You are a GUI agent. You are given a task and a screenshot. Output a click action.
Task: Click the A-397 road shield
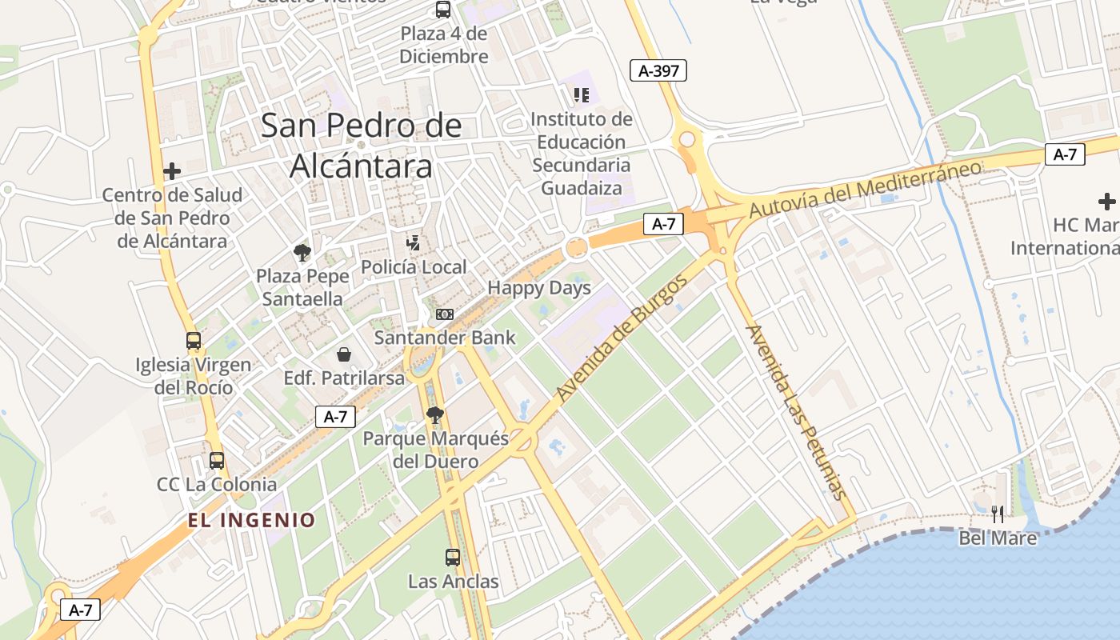tap(658, 70)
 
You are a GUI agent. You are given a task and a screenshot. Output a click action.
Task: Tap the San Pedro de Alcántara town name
tap(362, 146)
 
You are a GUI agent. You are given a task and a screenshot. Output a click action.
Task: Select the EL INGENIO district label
tap(252, 520)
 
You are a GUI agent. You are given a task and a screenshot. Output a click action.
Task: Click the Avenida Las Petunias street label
tap(794, 411)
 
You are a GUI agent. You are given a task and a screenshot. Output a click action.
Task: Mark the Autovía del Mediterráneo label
tap(865, 190)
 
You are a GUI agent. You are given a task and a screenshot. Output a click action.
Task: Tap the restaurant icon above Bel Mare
tap(998, 514)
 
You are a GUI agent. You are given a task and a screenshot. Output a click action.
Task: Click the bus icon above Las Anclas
tap(453, 557)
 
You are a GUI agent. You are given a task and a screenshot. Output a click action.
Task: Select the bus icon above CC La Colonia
tap(217, 460)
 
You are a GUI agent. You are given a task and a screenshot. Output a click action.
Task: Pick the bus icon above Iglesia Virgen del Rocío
tap(194, 341)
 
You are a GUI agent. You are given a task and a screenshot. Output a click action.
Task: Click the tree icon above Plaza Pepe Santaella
tap(302, 253)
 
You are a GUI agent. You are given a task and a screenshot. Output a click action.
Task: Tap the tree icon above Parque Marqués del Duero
tap(435, 414)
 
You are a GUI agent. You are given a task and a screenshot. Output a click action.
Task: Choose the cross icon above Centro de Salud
tap(172, 170)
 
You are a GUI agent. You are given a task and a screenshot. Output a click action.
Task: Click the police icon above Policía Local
tap(414, 242)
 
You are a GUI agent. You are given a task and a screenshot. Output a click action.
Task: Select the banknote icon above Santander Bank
tap(445, 314)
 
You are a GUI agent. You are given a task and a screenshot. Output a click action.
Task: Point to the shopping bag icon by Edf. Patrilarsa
tap(344, 354)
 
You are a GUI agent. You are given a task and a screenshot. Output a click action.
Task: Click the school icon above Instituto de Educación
tap(582, 95)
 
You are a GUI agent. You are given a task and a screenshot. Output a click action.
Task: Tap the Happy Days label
tap(539, 288)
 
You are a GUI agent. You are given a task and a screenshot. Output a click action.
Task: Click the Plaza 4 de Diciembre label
tap(444, 45)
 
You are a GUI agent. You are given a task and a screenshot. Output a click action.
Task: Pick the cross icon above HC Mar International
tap(1107, 201)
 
